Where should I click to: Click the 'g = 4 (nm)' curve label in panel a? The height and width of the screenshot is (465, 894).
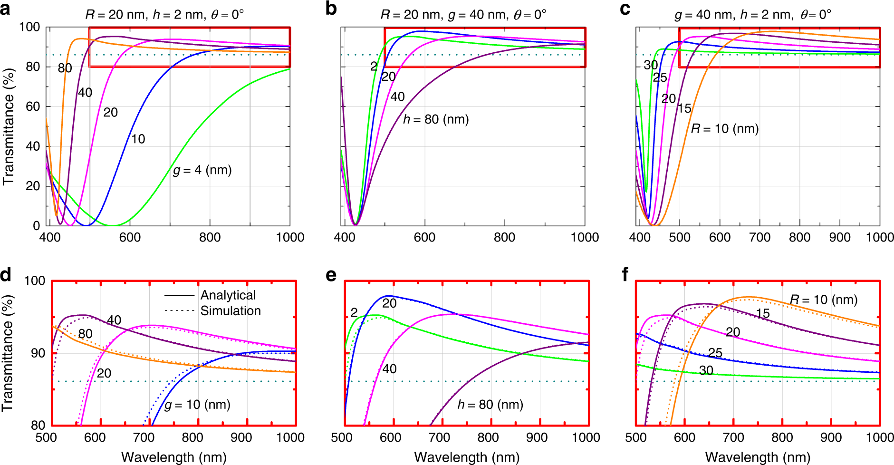(202, 170)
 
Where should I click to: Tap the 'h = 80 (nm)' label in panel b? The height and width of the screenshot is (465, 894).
(436, 119)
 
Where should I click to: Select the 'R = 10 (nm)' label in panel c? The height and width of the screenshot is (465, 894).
(724, 128)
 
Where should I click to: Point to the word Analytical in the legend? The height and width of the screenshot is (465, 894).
(228, 295)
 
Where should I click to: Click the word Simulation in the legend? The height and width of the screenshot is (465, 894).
(231, 311)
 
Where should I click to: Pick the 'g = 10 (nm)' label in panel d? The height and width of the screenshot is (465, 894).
(197, 405)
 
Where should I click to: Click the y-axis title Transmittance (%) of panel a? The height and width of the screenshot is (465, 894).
(9, 126)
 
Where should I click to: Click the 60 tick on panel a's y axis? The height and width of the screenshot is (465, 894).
(33, 107)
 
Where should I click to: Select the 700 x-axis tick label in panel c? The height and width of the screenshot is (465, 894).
(759, 237)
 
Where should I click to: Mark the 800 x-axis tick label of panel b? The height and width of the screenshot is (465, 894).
(504, 237)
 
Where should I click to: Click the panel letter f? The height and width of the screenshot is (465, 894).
(625, 274)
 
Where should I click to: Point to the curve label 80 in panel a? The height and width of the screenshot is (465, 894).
(65, 68)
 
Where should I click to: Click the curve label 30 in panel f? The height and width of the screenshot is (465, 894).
(706, 370)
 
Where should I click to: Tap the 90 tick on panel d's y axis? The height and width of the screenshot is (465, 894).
(38, 353)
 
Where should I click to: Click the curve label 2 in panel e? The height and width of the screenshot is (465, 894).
(354, 312)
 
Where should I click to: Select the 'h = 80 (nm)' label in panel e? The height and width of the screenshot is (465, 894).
(490, 405)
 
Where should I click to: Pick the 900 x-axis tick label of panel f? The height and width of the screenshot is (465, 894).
(831, 437)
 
